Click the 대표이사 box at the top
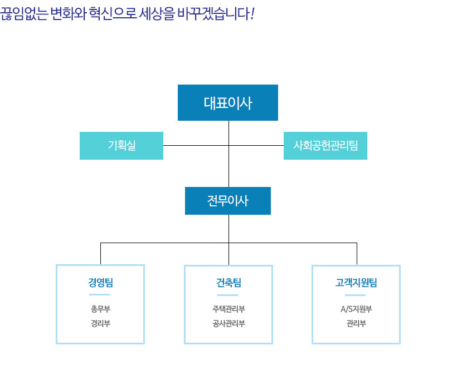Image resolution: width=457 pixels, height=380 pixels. coord(228,103)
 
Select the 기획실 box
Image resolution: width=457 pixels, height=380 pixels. coord(121,146)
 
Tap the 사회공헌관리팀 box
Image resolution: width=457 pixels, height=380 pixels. coord(325,146)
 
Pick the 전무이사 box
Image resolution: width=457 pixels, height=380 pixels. coord(228,201)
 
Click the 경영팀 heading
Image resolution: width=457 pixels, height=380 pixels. coord(100,282)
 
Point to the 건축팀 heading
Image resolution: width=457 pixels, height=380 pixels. coord(229,282)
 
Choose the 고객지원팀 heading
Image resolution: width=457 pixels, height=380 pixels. coord(356,282)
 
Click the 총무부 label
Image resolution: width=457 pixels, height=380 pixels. coord(100,309)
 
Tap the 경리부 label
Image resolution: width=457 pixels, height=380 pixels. coord(100,323)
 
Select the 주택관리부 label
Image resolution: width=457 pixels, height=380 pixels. coord(229,309)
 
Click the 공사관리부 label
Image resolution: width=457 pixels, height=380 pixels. coord(229,323)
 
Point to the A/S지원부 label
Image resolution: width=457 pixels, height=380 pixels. coord(356,309)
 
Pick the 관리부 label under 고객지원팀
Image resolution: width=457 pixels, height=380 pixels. coord(356,323)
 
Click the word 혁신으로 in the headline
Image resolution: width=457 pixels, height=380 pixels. coord(113,14)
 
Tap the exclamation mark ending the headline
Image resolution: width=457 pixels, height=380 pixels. coord(252,14)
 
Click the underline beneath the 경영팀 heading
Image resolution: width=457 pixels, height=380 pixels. coord(99,295)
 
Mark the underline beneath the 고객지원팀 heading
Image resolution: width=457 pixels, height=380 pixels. coord(355,295)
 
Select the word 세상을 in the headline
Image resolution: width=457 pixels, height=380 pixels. coord(157,14)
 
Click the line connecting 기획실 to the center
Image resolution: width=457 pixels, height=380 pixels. coord(196,145)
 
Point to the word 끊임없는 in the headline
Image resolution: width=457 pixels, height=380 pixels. coord(24,14)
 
